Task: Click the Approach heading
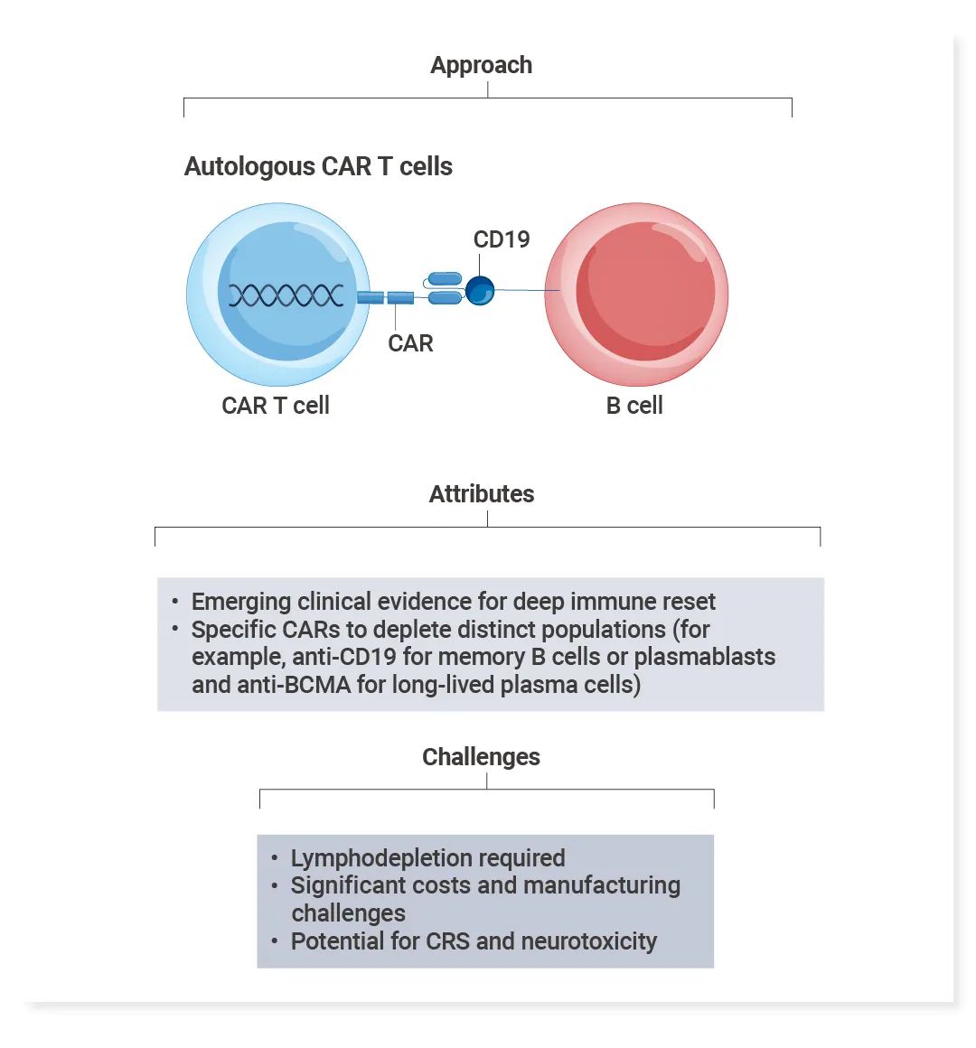(x=481, y=66)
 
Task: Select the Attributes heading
(x=481, y=494)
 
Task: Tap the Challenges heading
(x=481, y=757)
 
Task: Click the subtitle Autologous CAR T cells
(x=318, y=167)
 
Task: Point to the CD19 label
(x=502, y=239)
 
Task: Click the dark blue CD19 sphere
(x=480, y=290)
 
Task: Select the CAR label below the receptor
(x=410, y=343)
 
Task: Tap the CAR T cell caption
(x=276, y=406)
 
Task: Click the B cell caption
(x=634, y=406)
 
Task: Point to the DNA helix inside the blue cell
(x=285, y=295)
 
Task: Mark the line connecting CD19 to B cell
(x=524, y=290)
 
